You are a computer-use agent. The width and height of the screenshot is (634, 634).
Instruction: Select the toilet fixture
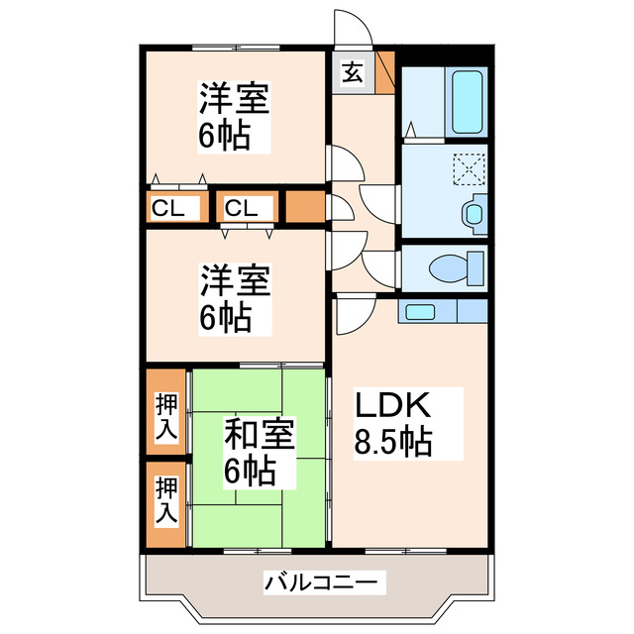(x=457, y=267)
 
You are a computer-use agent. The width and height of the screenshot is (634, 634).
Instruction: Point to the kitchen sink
(x=420, y=312)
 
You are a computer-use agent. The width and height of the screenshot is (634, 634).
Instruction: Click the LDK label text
(x=392, y=406)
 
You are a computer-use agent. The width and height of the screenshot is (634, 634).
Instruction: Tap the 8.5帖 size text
(x=393, y=442)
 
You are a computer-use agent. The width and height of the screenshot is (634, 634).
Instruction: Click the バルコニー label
(x=319, y=581)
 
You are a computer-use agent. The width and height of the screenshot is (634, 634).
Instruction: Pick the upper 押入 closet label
(x=166, y=416)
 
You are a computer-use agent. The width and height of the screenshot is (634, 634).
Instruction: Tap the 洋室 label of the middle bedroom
(x=235, y=280)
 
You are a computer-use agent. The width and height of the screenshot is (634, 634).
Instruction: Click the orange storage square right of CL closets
(x=304, y=209)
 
